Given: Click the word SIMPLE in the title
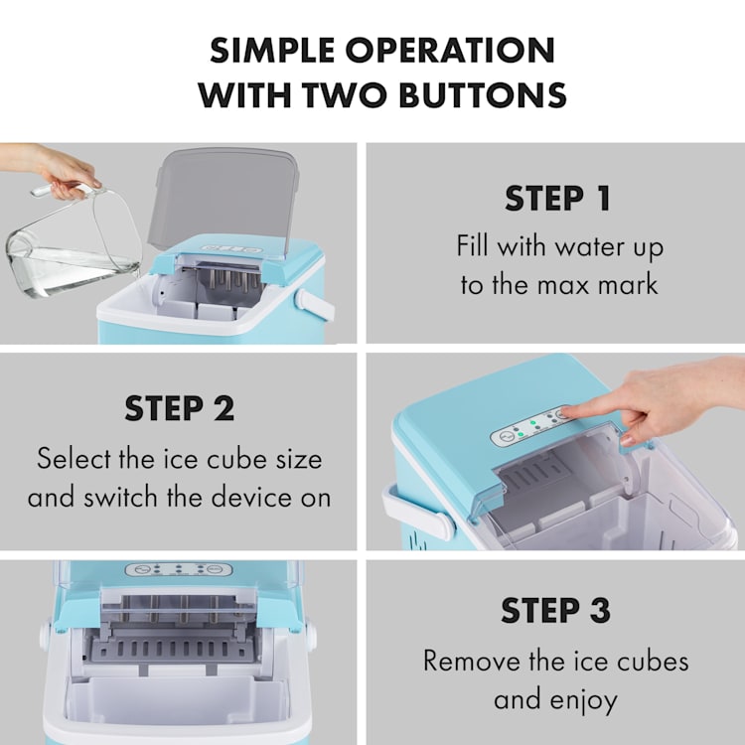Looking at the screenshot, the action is click(273, 50).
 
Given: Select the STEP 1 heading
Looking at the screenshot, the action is click(558, 199).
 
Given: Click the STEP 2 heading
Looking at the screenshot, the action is click(179, 408).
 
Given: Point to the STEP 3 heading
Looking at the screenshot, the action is click(555, 610).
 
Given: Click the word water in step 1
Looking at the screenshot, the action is click(586, 246).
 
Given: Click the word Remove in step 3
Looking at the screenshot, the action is click(471, 661).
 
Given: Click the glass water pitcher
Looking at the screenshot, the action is click(74, 242).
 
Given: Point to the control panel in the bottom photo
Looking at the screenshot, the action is click(179, 569).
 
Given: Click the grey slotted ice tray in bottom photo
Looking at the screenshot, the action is click(175, 650).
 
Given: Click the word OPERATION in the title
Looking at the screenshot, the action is click(450, 50).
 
